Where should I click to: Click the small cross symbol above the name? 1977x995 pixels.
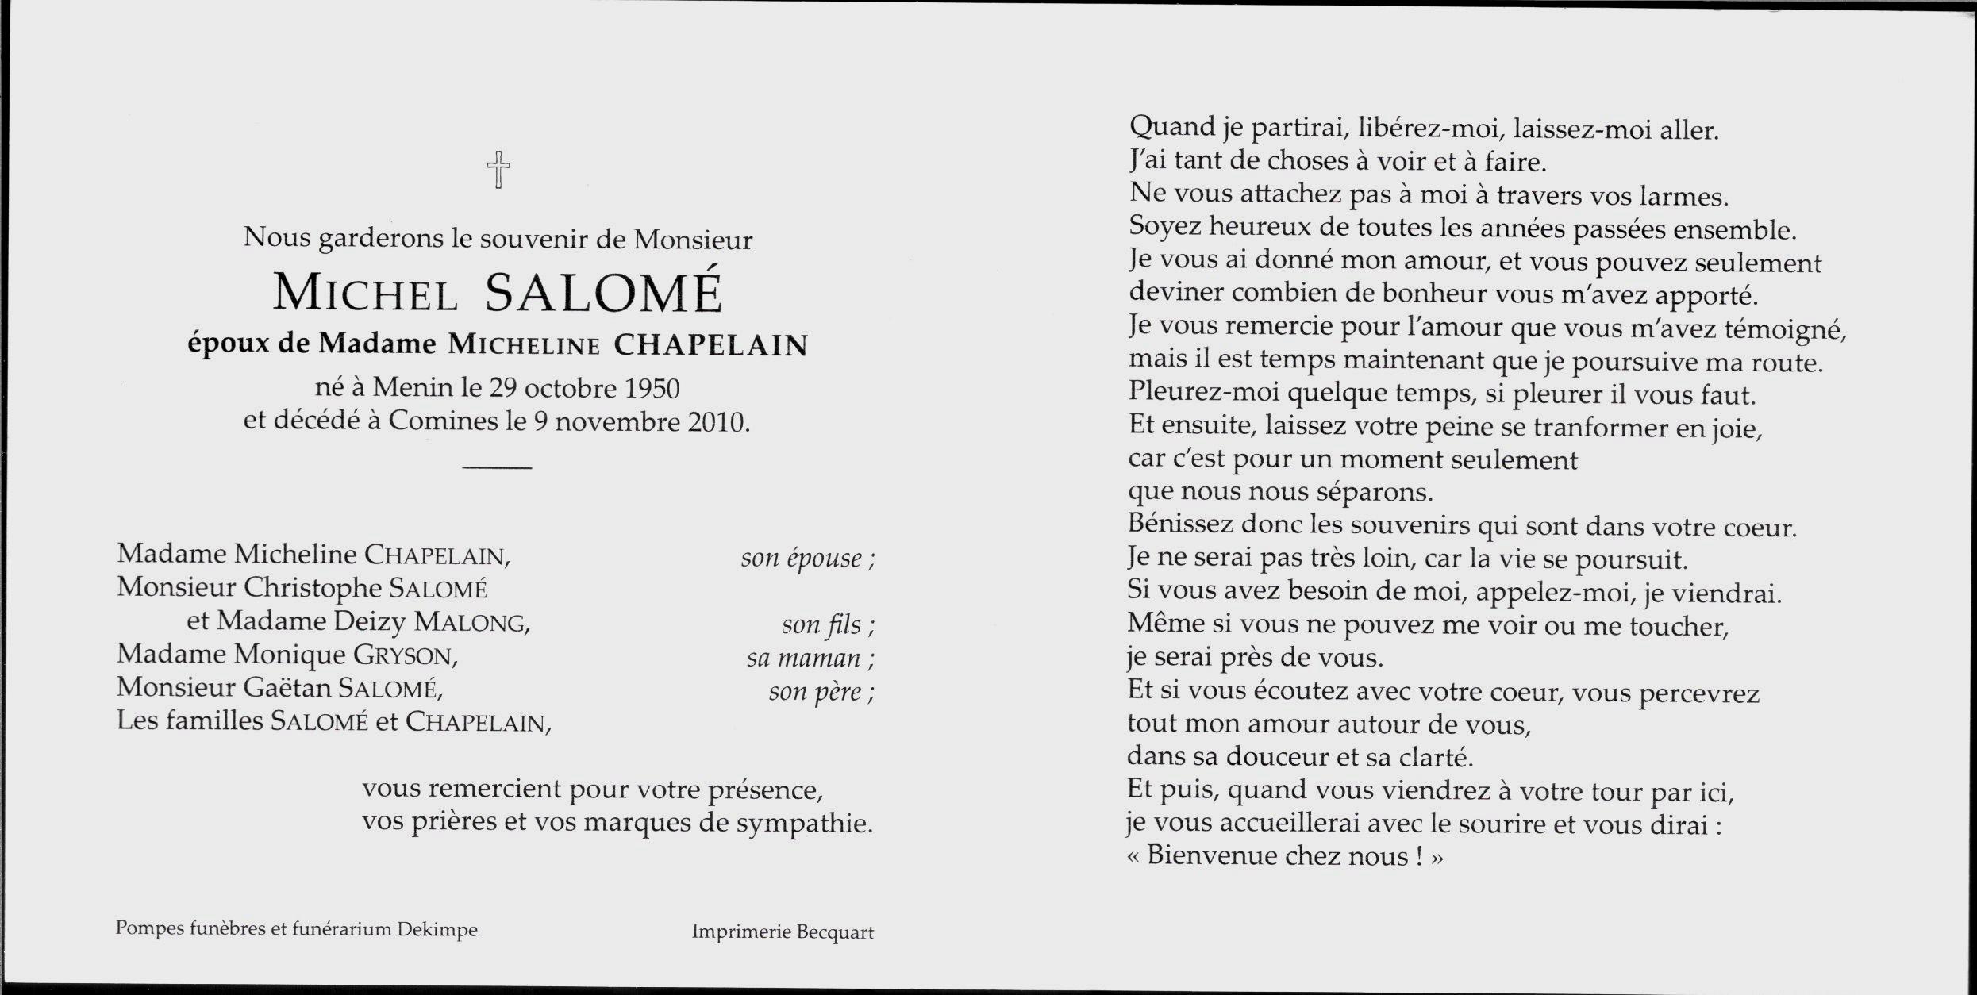[498, 170]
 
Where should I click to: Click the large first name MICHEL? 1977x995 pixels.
[366, 293]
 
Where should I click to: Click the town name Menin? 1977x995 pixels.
[407, 388]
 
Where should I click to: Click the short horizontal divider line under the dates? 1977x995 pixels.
[497, 467]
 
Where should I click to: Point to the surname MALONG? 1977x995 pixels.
[471, 622]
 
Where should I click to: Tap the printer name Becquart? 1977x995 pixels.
[835, 932]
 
